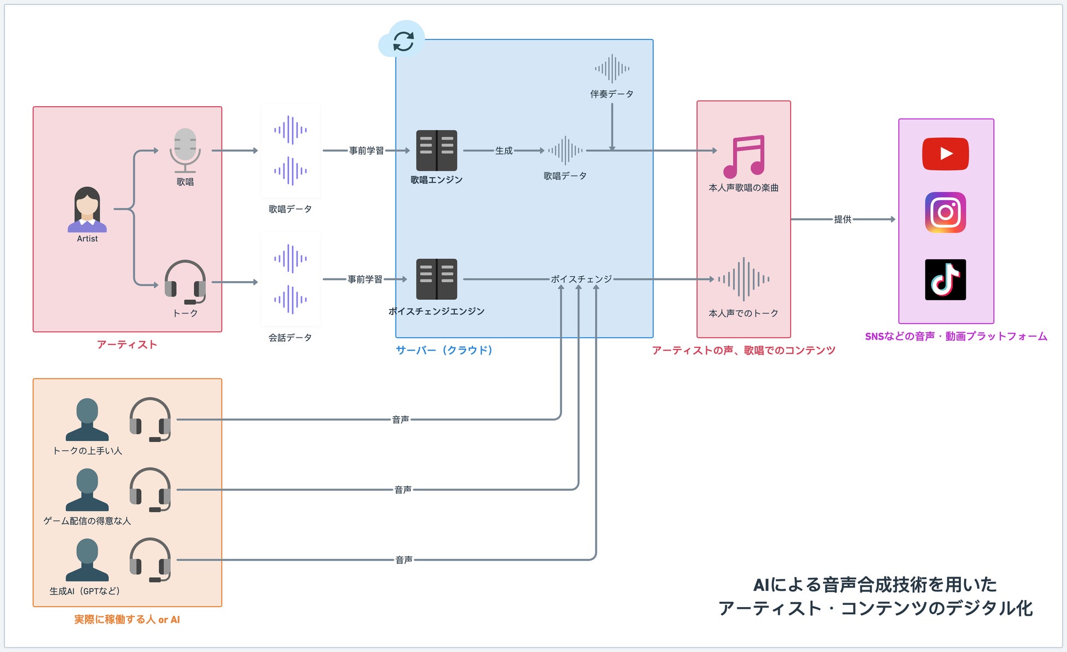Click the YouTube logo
tap(945, 154)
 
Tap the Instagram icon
tap(945, 212)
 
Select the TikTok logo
tap(945, 280)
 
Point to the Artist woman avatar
tap(87, 209)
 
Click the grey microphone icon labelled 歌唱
tap(185, 149)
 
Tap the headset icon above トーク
tap(185, 282)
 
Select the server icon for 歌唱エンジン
tap(436, 150)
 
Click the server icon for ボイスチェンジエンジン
tap(436, 279)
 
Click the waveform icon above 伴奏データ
tap(612, 69)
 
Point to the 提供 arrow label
tap(842, 219)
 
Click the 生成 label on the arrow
tap(503, 150)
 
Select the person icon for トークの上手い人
tap(87, 420)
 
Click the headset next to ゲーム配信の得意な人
tap(150, 490)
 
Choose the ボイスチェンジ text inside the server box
tap(581, 279)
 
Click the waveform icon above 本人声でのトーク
tap(743, 279)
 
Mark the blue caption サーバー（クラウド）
tap(444, 350)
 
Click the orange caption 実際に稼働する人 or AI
tap(127, 619)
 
